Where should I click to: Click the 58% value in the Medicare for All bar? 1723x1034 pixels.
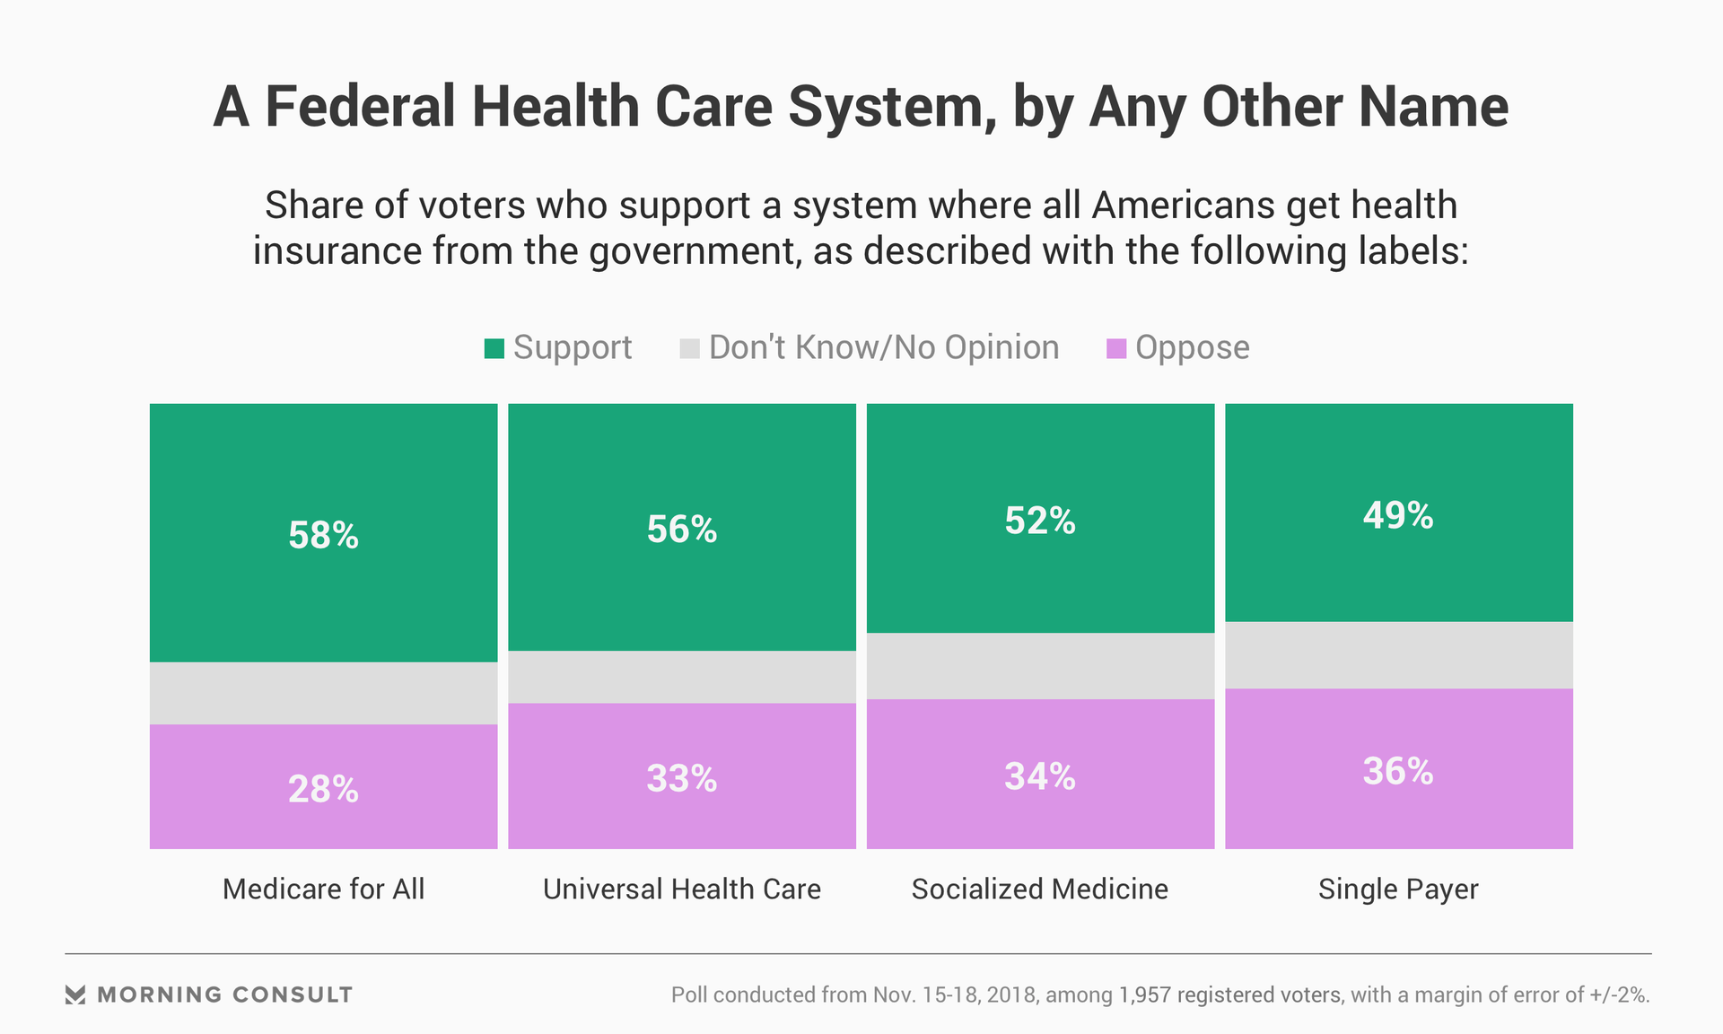323,536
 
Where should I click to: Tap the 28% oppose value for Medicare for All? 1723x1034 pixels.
323,790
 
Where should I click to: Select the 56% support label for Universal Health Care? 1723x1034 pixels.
682,530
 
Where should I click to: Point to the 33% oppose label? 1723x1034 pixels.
682,778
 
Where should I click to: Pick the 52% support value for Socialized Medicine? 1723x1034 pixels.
1040,521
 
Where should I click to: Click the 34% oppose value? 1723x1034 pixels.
1040,776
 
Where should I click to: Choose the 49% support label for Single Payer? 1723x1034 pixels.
1398,515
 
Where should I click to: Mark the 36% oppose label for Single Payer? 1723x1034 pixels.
1398,771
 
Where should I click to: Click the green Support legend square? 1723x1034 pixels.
494,348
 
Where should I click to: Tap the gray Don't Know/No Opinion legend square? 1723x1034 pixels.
689,348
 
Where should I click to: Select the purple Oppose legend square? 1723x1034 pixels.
1115,348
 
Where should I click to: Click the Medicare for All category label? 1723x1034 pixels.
323,889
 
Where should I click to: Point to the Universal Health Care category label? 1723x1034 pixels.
682,889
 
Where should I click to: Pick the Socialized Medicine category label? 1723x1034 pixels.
1040,889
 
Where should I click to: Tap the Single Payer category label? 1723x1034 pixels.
1398,889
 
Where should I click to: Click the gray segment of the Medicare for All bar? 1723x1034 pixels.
323,693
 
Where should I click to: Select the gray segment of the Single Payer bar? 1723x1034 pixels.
1398,655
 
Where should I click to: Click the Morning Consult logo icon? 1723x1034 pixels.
75,995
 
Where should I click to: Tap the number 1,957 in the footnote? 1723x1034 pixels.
1144,995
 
